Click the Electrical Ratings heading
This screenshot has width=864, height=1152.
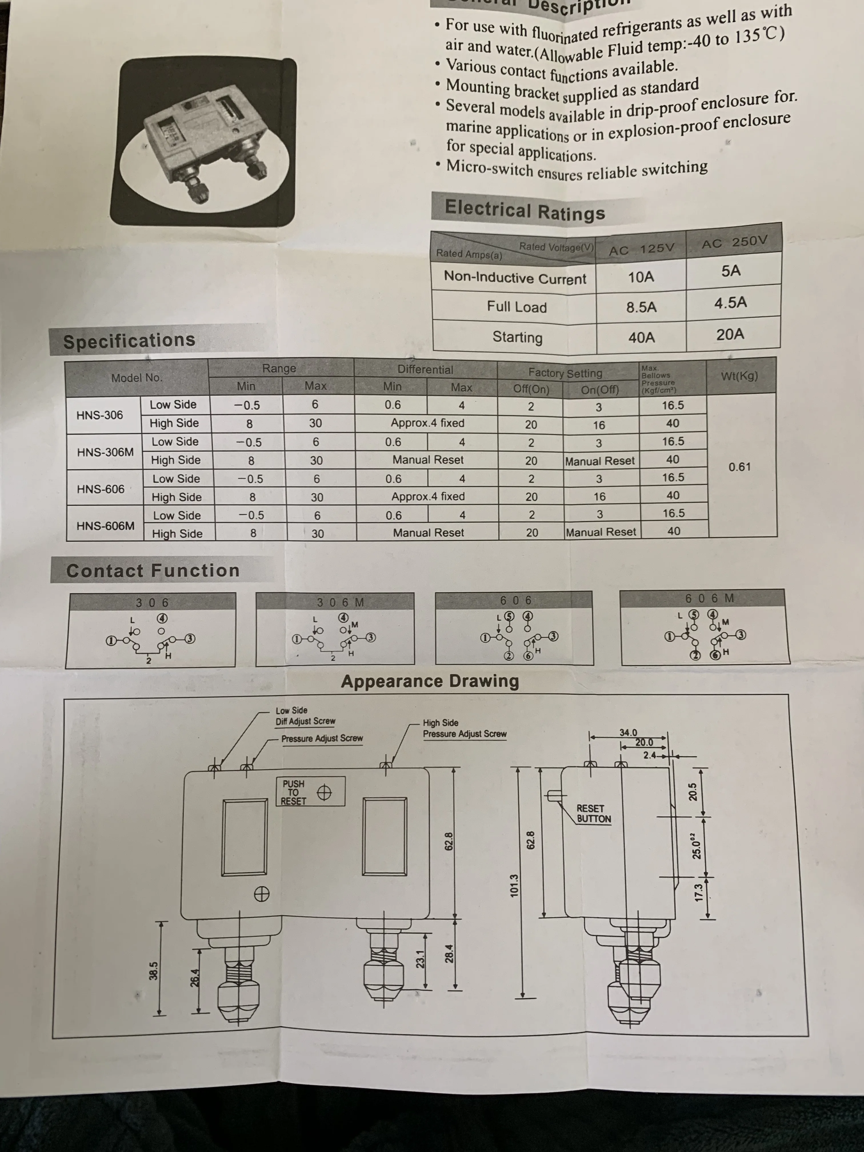coord(525,210)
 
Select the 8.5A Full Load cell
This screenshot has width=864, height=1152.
coord(641,307)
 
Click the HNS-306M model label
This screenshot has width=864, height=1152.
coord(105,452)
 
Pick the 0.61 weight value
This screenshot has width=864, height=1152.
coord(739,467)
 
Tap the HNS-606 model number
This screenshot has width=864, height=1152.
coord(101,489)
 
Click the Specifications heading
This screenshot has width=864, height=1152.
coord(129,341)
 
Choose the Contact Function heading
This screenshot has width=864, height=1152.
coord(153,571)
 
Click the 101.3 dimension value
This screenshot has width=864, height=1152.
coord(514,885)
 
